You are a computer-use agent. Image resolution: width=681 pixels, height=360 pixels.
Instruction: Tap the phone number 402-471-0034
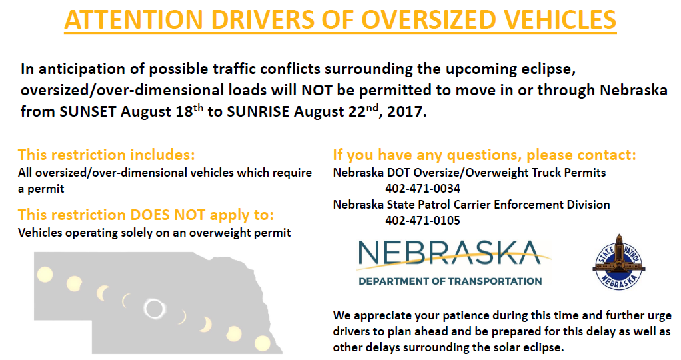pos(422,189)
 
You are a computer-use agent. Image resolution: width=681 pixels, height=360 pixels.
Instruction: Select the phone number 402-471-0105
pos(422,221)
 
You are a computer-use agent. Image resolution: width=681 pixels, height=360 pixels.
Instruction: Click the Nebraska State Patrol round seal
pos(619,262)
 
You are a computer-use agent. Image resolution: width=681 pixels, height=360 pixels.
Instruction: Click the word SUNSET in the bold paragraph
pos(88,112)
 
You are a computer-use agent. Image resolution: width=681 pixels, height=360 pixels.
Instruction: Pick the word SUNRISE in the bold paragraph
pos(258,112)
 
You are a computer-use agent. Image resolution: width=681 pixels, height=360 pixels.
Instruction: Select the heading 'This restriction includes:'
pos(107,155)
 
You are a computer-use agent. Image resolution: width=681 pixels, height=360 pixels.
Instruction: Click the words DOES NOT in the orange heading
pos(167,215)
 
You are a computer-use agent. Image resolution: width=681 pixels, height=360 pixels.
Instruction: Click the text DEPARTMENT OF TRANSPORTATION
pos(450,281)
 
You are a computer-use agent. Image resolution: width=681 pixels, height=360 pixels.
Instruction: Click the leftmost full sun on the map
pos(45,275)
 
